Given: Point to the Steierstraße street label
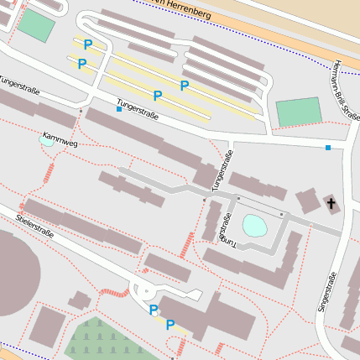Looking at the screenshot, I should click(34, 226).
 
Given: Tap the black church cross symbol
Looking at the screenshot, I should click(331, 203).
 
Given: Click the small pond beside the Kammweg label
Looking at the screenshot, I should click(46, 142).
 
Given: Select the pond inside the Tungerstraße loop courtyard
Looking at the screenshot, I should click(253, 225).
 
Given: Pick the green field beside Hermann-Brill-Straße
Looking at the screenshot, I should click(299, 112).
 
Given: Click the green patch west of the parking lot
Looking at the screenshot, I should click(35, 25).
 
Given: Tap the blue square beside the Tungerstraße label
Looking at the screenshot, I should click(119, 109).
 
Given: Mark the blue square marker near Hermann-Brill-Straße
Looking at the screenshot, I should click(328, 148).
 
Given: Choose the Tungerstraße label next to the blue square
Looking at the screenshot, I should click(138, 108).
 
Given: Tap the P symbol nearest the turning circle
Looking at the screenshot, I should click(153, 310).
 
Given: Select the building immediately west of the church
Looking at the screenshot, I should click(307, 201).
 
